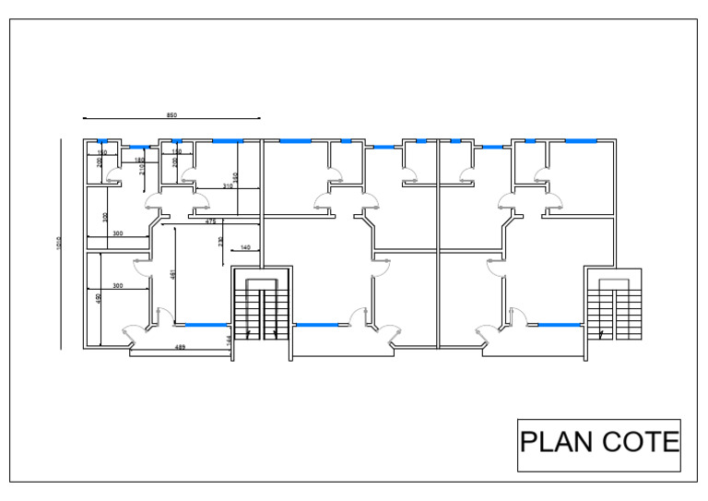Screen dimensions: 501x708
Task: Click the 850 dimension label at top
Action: [x=171, y=115]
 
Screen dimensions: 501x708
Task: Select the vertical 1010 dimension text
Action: [x=59, y=244]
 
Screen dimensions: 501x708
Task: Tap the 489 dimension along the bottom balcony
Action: [x=182, y=346]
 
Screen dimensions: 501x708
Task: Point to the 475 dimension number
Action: [x=210, y=221]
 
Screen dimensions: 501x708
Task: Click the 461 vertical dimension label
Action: [x=172, y=274]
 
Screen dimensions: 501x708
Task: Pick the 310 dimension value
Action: [x=228, y=186]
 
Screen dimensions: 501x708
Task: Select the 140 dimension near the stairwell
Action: [x=245, y=247]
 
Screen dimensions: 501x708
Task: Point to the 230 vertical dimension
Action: [x=219, y=241]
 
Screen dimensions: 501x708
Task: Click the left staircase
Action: [x=261, y=314]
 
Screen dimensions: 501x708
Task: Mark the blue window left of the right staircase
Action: [x=559, y=325]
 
